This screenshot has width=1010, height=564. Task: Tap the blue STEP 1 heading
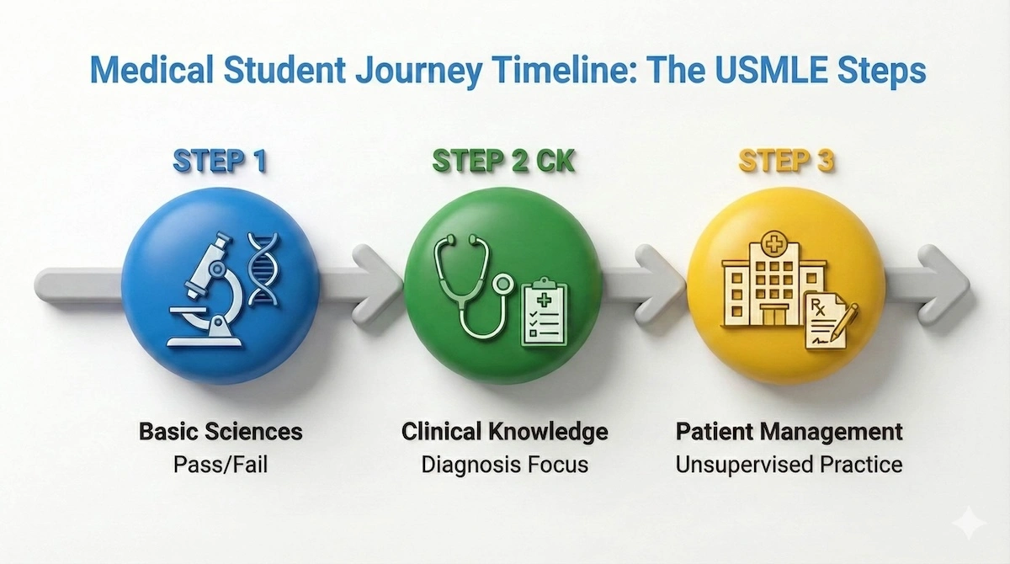(221, 162)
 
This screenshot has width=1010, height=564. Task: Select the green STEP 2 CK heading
(502, 162)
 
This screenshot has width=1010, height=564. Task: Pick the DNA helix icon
(264, 269)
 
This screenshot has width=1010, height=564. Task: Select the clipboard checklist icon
(545, 312)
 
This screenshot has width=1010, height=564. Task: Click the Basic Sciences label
(221, 432)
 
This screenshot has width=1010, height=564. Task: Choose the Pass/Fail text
(221, 464)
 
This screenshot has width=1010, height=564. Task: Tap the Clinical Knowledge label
(504, 432)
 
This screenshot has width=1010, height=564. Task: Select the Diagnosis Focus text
(504, 464)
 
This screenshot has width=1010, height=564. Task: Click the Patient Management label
(789, 432)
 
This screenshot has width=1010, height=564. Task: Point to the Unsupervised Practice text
(789, 464)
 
